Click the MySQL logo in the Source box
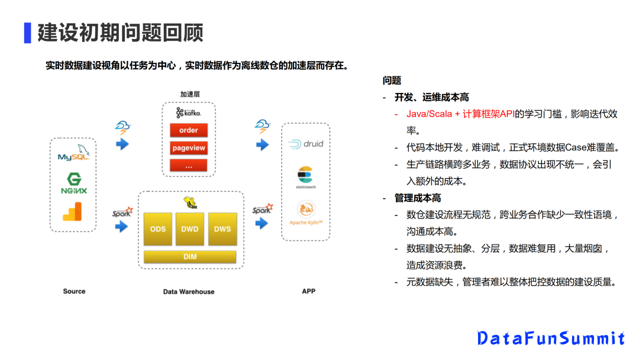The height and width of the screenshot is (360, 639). click(73, 155)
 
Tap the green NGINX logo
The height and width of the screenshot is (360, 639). click(73, 184)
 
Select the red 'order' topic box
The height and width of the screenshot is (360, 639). click(188, 130)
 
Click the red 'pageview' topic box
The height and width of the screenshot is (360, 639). click(188, 148)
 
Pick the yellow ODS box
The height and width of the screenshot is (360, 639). click(158, 229)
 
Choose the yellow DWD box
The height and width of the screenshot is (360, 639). click(190, 229)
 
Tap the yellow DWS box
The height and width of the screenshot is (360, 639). click(222, 229)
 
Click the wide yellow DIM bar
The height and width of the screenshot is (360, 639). click(190, 257)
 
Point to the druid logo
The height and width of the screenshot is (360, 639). click(305, 144)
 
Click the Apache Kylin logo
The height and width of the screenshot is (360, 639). click(305, 211)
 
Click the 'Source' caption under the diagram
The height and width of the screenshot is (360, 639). click(74, 291)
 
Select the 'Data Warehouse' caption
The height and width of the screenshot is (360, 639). click(189, 291)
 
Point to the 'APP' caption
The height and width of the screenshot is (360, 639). click(308, 291)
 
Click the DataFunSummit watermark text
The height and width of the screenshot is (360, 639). click(551, 338)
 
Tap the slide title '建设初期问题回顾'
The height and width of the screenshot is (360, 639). click(120, 33)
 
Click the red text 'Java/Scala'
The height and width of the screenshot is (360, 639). click(430, 114)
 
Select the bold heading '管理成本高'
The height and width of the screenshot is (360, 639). click(418, 198)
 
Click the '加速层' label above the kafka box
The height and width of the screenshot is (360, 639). click(190, 94)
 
